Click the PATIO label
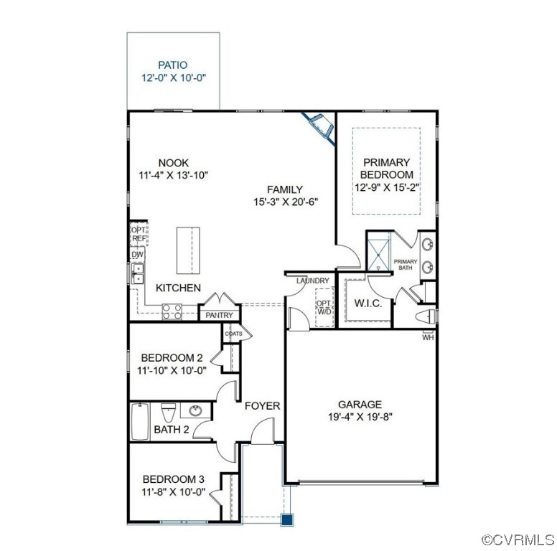[x=172, y=65]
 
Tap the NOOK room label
[x=174, y=163]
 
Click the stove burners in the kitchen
[x=172, y=311]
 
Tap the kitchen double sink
[x=136, y=274]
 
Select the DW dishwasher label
[x=136, y=255]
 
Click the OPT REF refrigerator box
[x=138, y=234]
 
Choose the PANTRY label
[x=219, y=315]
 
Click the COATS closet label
[x=233, y=334]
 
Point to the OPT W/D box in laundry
[x=324, y=307]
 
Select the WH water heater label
[x=428, y=336]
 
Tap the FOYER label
[x=262, y=406]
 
